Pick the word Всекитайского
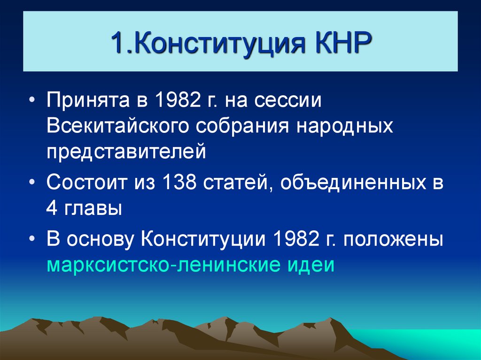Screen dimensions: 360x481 122,127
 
